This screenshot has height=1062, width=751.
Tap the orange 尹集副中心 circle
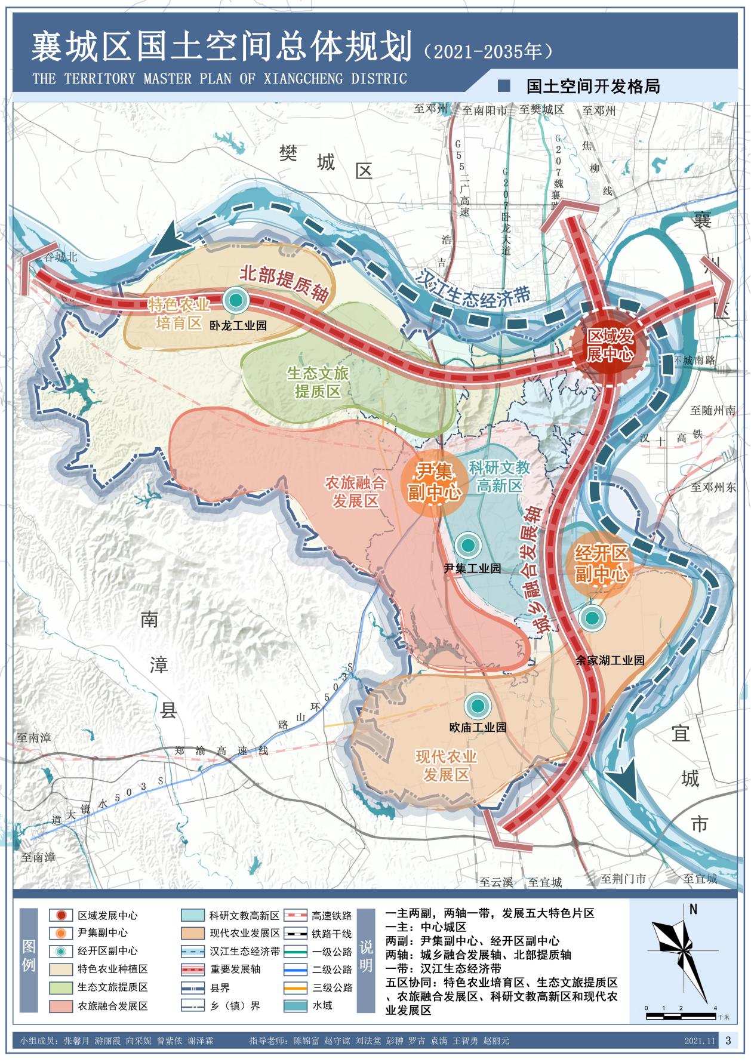(435, 482)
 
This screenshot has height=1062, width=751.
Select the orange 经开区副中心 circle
(601, 564)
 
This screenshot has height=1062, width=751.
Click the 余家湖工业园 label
(610, 660)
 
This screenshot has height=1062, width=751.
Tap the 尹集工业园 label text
(472, 568)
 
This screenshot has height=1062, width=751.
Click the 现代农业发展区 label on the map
(446, 765)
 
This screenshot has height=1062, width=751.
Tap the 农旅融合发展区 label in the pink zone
(355, 491)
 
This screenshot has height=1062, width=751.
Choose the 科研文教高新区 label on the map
(499, 476)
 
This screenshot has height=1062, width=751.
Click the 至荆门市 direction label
(623, 879)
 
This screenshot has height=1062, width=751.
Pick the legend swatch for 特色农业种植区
(60, 969)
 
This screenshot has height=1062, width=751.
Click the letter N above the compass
(693, 910)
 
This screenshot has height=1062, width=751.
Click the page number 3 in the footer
(727, 1041)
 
